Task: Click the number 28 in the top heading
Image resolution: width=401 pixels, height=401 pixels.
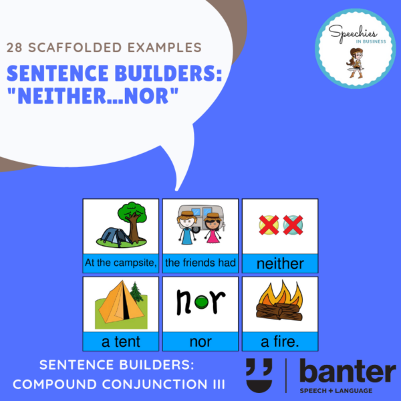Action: tap(14, 47)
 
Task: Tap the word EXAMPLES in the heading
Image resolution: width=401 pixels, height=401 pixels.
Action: tap(164, 47)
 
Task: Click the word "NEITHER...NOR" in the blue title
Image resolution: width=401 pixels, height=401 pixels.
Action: tap(93, 96)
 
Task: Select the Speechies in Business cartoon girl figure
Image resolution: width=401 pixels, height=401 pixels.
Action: tap(355, 63)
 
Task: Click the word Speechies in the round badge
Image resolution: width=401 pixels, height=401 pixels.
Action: tap(352, 33)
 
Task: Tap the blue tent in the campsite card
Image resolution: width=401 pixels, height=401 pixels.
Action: tap(114, 237)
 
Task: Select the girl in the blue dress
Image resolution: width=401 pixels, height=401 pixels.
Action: tap(186, 228)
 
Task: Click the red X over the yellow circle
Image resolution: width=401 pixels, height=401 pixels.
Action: tap(269, 225)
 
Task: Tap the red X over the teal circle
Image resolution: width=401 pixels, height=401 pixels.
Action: tap(293, 225)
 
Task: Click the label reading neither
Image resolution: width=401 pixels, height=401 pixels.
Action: tap(280, 264)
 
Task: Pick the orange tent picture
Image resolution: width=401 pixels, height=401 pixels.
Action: tap(121, 304)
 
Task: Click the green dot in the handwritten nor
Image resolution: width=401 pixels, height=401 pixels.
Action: tap(202, 302)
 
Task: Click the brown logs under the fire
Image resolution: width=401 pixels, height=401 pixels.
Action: tap(279, 311)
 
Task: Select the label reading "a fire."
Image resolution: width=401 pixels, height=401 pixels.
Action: tap(280, 342)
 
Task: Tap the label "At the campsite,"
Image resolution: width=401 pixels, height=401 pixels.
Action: tap(121, 263)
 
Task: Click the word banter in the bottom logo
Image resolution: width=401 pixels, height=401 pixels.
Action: tap(348, 371)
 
